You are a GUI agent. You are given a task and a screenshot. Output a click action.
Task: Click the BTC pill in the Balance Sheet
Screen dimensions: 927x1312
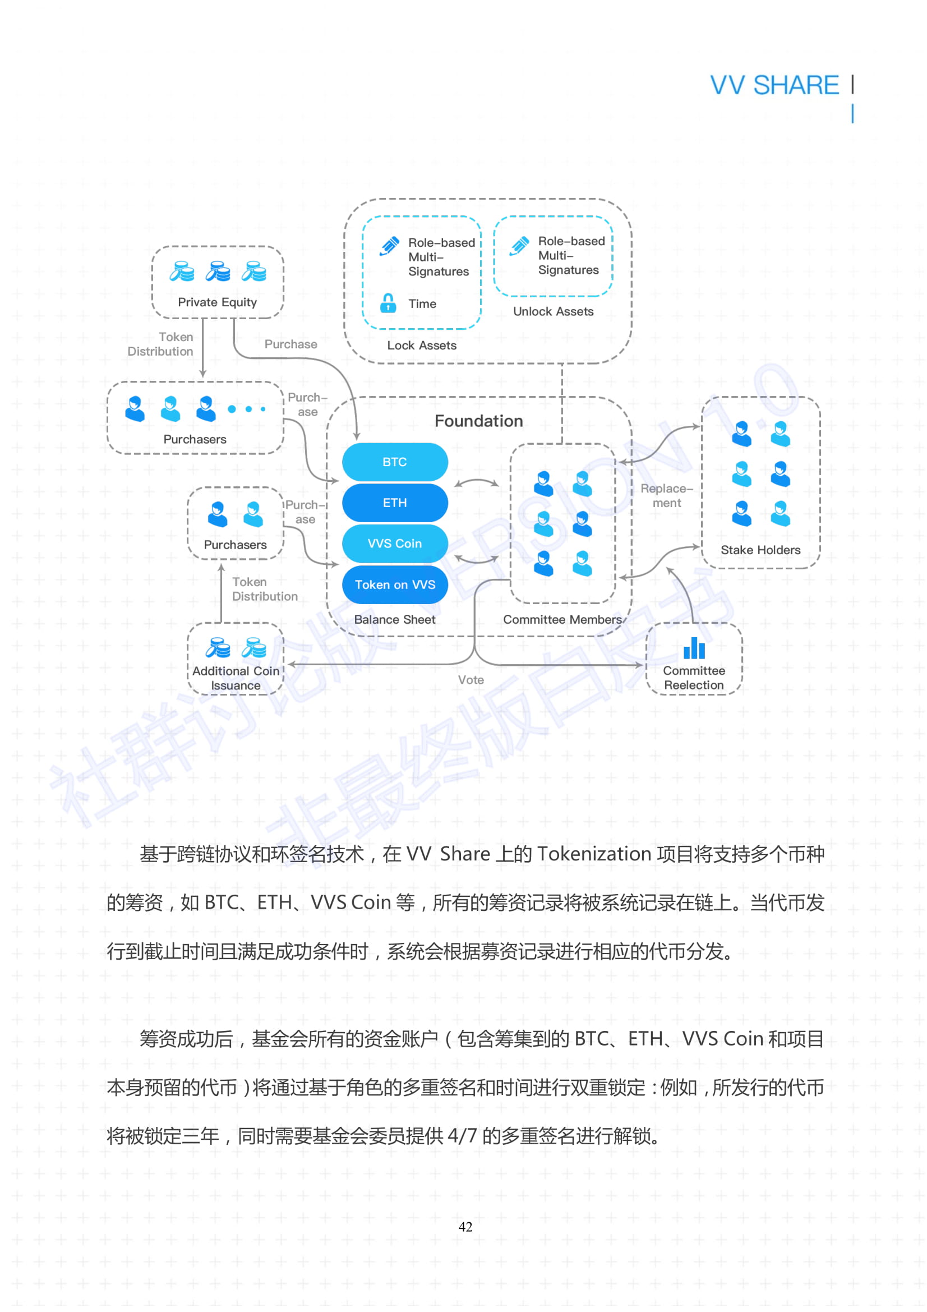click(395, 462)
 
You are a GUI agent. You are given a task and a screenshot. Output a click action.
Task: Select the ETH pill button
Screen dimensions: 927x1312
click(395, 503)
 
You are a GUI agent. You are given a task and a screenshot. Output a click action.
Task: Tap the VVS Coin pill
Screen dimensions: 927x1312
click(395, 544)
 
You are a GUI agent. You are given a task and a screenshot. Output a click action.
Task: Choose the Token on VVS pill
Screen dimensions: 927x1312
click(395, 584)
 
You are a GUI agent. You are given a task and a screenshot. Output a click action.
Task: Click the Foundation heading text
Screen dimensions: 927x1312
click(478, 421)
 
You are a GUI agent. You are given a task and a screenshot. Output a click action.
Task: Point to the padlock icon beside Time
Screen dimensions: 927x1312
click(388, 303)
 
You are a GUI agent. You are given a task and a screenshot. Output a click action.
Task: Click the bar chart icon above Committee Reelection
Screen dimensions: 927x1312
click(694, 648)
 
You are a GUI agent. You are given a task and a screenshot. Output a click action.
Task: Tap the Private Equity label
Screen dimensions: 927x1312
click(217, 302)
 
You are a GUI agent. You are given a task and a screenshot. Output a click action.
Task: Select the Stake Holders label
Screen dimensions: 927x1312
click(760, 550)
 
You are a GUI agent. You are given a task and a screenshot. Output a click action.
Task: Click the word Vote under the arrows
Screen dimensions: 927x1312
click(471, 680)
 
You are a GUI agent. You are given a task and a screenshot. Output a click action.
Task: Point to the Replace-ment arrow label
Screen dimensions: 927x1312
click(667, 495)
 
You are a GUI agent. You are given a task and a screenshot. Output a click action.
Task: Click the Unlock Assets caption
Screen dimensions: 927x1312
click(553, 311)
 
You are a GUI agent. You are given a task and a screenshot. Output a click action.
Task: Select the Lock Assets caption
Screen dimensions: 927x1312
click(422, 345)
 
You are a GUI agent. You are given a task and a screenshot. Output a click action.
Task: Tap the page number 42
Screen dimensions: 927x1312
click(465, 1227)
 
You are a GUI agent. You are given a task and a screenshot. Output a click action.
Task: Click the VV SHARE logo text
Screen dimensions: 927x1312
click(774, 85)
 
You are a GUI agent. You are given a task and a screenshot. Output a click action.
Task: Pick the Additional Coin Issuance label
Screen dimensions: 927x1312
click(236, 678)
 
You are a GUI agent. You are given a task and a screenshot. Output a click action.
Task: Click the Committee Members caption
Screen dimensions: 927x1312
click(562, 619)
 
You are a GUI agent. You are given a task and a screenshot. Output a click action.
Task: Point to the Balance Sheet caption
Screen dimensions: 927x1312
click(394, 619)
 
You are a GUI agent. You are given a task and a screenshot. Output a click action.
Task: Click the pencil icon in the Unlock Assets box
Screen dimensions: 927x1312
click(520, 246)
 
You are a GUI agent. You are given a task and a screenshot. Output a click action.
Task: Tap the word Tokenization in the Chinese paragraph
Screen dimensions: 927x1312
click(594, 854)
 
